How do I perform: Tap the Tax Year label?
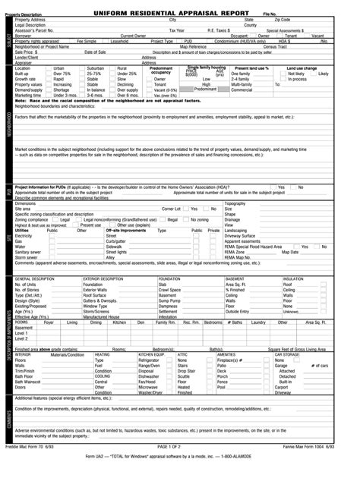176,30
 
